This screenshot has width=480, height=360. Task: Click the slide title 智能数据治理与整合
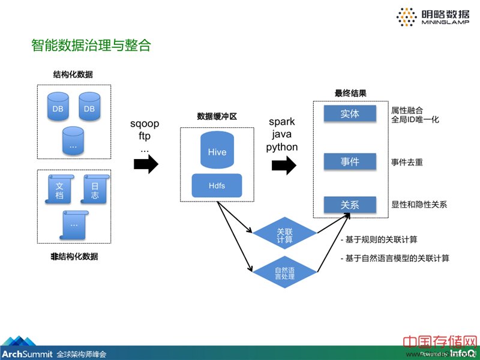(x=91, y=46)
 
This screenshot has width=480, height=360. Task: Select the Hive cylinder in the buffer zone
(x=217, y=151)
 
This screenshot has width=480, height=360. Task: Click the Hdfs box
(x=217, y=185)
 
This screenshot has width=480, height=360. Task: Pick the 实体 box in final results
(x=350, y=113)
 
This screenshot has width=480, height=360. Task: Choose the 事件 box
(x=350, y=162)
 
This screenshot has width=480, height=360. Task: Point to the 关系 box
(x=350, y=205)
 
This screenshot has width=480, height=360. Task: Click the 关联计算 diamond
(x=284, y=236)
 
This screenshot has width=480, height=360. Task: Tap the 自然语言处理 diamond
(x=284, y=274)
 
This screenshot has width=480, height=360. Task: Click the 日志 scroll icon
(x=95, y=190)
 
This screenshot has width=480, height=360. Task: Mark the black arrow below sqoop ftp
(x=145, y=165)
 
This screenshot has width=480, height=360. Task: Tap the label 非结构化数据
(x=74, y=257)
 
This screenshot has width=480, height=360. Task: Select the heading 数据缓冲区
(x=217, y=116)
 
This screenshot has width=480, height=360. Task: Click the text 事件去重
(x=407, y=162)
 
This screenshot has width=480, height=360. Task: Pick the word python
(x=282, y=147)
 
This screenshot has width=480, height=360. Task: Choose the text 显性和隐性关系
(x=419, y=205)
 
